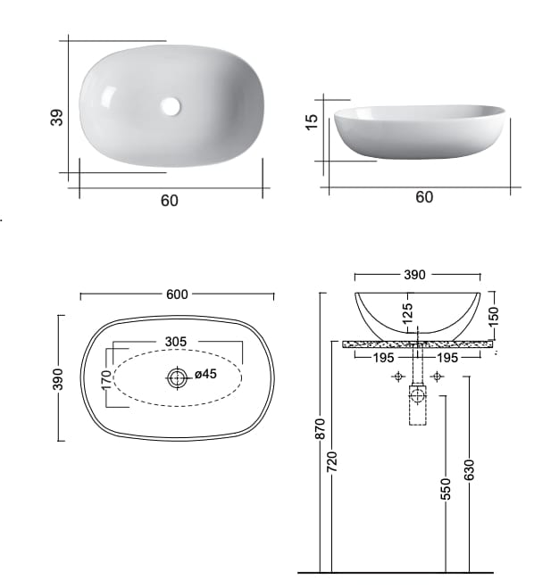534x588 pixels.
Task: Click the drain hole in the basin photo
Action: click(x=171, y=106)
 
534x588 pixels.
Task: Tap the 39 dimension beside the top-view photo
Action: click(x=56, y=117)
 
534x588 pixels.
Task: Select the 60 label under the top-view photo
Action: click(x=170, y=201)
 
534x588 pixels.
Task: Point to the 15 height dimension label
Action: click(x=312, y=121)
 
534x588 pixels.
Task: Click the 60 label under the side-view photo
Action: click(x=424, y=197)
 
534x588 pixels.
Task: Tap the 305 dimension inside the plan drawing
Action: click(x=176, y=342)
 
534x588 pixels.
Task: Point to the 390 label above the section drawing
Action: click(x=416, y=275)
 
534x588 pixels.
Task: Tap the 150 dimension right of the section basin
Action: click(x=494, y=313)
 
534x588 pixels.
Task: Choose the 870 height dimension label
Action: click(x=322, y=430)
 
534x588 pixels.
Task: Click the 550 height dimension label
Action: click(x=446, y=488)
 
